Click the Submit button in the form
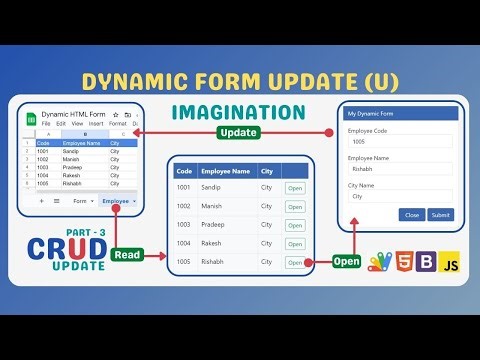click(440, 215)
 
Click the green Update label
click(239, 132)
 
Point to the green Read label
click(127, 255)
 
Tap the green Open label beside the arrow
click(347, 262)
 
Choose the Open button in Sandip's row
click(294, 188)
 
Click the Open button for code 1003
click(294, 225)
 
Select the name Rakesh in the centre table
click(212, 243)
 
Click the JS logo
click(451, 264)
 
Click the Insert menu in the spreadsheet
click(95, 124)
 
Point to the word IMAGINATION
click(239, 111)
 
